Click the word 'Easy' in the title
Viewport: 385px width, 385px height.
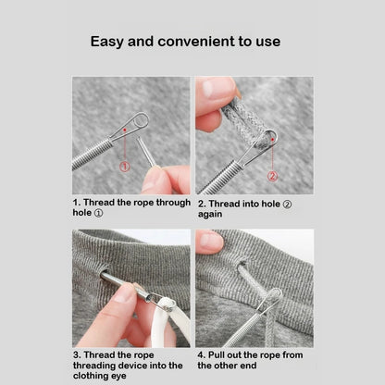[x=108, y=42]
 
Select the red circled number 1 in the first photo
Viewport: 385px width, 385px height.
[x=124, y=167]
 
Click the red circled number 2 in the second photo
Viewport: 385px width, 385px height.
[x=272, y=174]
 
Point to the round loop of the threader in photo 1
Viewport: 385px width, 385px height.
[x=139, y=120]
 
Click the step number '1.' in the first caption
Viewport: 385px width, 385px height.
[x=77, y=201]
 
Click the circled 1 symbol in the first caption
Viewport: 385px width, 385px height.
[x=98, y=212]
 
